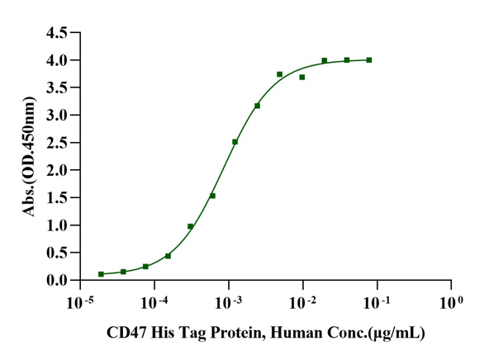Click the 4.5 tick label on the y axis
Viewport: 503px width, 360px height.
point(56,33)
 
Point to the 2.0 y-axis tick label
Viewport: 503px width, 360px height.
point(56,170)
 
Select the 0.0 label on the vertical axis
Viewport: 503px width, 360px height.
point(56,280)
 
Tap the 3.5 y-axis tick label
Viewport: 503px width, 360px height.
point(56,88)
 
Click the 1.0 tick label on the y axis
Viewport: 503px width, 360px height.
point(56,225)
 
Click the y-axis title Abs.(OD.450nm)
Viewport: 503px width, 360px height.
point(30,157)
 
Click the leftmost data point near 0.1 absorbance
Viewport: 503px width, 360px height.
point(101,274)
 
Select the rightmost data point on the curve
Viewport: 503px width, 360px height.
point(369,59)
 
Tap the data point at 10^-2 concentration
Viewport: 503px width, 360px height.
point(302,77)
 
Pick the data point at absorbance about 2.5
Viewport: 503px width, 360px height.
point(235,142)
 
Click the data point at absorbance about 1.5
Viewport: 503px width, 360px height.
point(212,196)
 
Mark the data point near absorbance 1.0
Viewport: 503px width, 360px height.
point(190,226)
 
